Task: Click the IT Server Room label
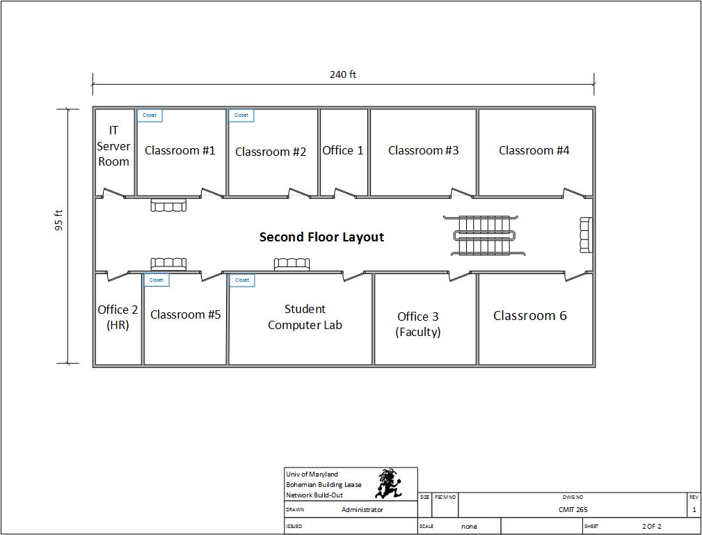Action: click(x=113, y=146)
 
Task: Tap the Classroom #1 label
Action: click(x=180, y=150)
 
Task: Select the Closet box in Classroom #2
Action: click(x=241, y=115)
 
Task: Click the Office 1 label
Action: click(x=343, y=150)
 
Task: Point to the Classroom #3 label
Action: click(x=424, y=150)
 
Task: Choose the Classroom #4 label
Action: click(x=534, y=150)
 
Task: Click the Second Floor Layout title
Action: click(x=321, y=237)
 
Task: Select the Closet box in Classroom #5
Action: click(x=157, y=280)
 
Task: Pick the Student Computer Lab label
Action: click(x=305, y=317)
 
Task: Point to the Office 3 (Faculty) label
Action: click(x=418, y=324)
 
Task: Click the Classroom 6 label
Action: click(x=530, y=316)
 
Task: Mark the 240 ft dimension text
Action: click(x=343, y=75)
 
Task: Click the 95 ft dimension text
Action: click(x=59, y=221)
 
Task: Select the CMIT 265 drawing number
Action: click(x=573, y=510)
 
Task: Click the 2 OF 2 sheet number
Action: click(x=651, y=527)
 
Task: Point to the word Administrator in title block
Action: click(x=362, y=510)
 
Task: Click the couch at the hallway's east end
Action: click(x=586, y=234)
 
